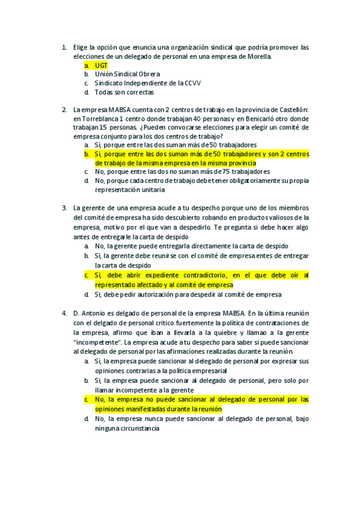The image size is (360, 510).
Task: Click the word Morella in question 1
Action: [x=256, y=57]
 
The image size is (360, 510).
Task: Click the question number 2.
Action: [x=64, y=109]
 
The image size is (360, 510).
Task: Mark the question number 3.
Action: [x=64, y=208]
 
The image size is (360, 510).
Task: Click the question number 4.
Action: [x=64, y=313]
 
